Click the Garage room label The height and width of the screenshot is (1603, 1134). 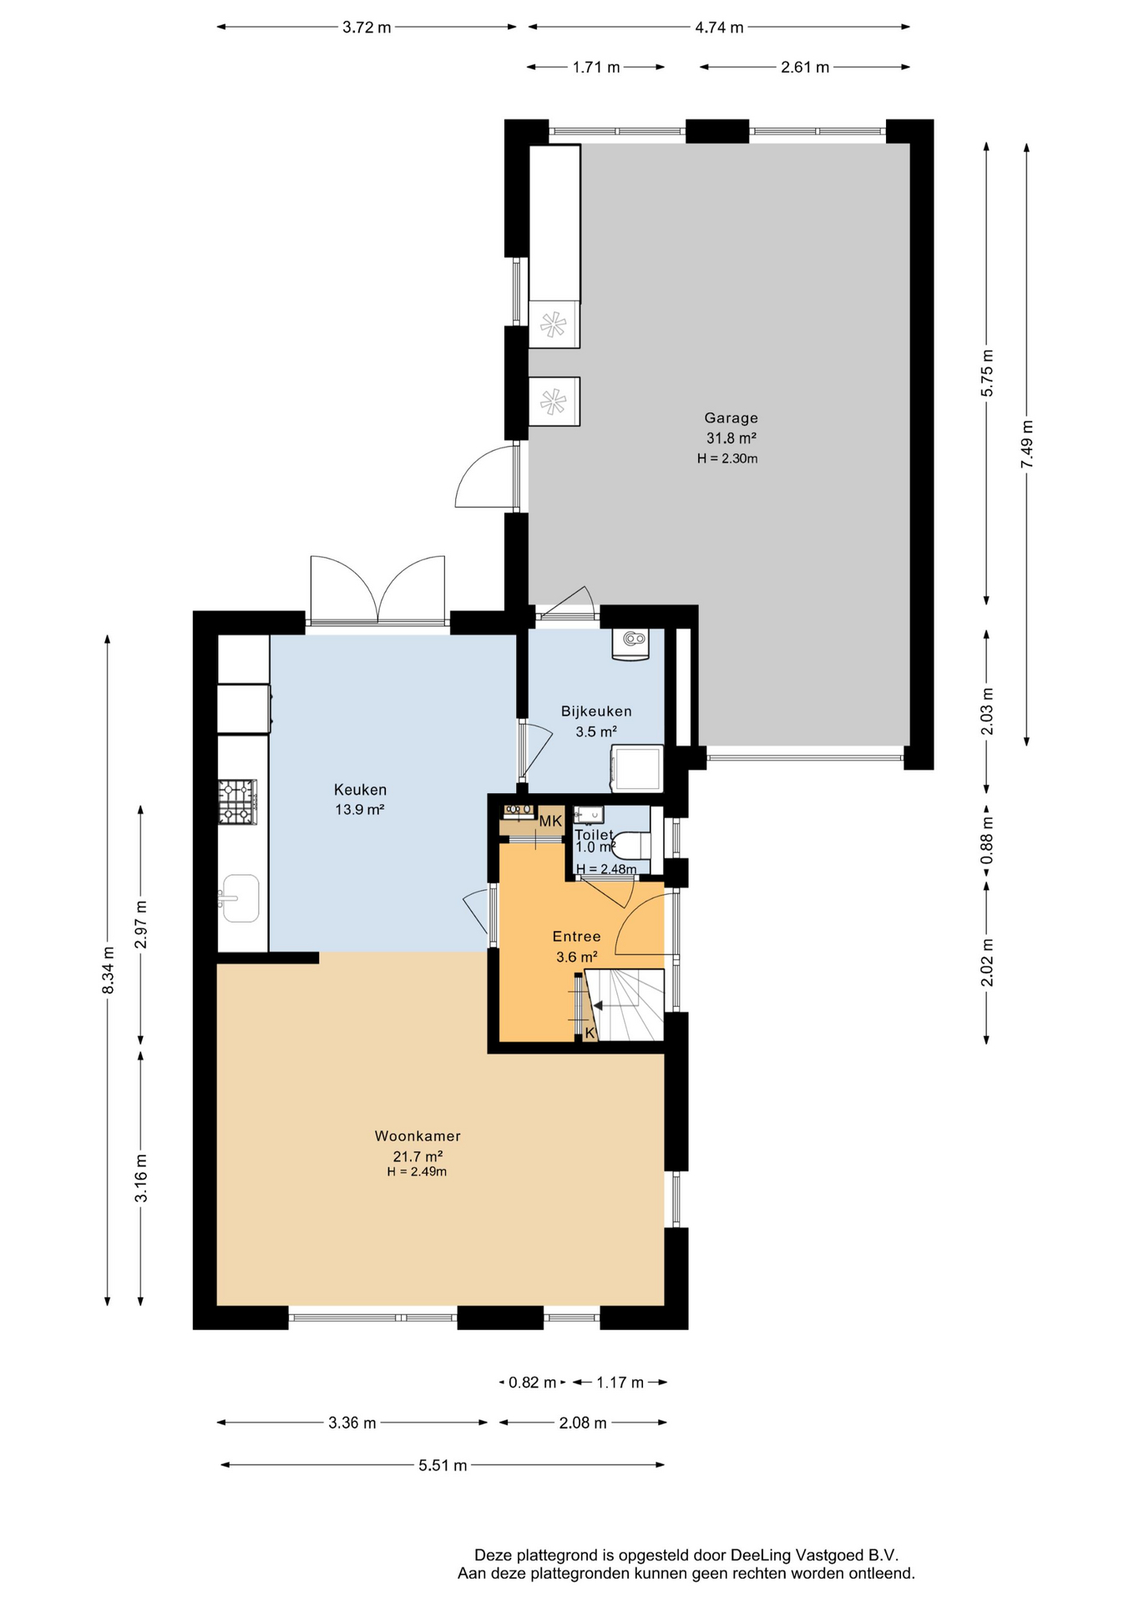tap(731, 418)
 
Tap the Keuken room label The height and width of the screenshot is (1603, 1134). tap(360, 790)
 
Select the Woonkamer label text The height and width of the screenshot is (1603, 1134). tap(418, 1136)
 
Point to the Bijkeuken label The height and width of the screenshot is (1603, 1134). tap(596, 711)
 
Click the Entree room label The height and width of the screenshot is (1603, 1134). tap(577, 937)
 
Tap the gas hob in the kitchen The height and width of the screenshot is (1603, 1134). tap(238, 801)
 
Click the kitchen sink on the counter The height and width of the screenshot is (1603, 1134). tap(240, 898)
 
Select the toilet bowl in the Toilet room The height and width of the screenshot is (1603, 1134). tap(632, 845)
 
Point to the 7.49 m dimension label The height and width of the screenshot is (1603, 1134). tap(1027, 444)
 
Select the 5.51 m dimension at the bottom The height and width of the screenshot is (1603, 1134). tap(443, 1465)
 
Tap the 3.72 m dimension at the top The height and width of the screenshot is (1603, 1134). tap(367, 28)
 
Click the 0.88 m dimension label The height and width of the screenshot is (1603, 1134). tap(987, 839)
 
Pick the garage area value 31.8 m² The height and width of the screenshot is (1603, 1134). tap(732, 438)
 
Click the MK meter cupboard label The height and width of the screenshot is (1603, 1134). tap(550, 822)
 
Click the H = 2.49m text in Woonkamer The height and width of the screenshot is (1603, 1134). tap(417, 1172)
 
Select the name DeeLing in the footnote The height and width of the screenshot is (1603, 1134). tap(762, 1555)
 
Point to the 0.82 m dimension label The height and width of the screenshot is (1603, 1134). tap(533, 1383)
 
